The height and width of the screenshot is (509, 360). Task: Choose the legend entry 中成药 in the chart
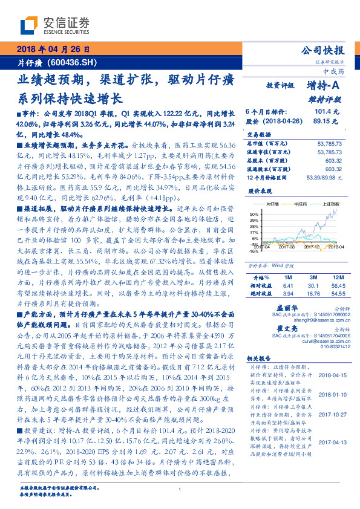(x=300, y=204)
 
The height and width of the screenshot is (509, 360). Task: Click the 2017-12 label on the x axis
(x=312, y=247)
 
